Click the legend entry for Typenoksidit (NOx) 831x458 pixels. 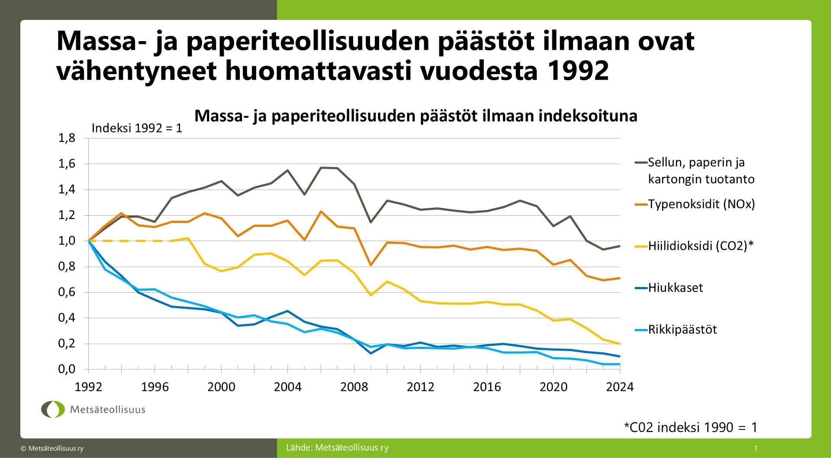point(701,204)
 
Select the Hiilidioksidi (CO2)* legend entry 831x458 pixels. point(700,246)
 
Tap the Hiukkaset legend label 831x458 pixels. point(675,288)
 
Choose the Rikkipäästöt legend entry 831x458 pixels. point(682,330)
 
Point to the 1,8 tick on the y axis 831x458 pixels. point(67,138)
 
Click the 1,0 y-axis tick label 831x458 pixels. point(67,241)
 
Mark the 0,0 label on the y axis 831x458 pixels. point(67,369)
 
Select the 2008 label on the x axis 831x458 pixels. point(354,387)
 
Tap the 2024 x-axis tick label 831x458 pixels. point(619,387)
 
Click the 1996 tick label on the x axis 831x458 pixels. point(155,387)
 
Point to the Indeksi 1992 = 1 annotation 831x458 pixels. point(137,128)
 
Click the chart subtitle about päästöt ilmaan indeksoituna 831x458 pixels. point(415,116)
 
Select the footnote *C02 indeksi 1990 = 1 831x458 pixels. point(690,427)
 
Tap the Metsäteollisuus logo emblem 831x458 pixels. point(53,409)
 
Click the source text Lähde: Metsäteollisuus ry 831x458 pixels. point(337,448)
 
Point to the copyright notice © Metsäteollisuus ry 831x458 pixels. point(52,448)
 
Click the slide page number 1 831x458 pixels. point(756,448)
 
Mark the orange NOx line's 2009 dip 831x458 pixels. point(370,264)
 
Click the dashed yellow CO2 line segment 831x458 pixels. point(130,241)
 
